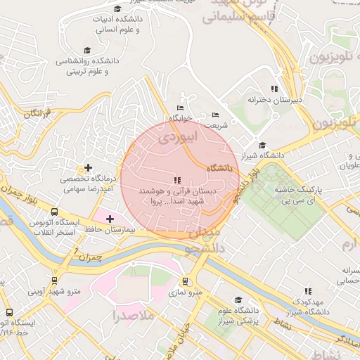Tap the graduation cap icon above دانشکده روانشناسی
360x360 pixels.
coord(87,50)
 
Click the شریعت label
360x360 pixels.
coord(216,124)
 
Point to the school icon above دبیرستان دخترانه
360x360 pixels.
coord(274,89)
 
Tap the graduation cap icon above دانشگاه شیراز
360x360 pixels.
coord(262,146)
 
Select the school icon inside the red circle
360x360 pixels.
coord(176,180)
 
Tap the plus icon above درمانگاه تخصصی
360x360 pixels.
coord(88,168)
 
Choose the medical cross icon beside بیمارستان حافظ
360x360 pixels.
coord(110,219)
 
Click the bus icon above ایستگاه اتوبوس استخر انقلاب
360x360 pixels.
coord(54,212)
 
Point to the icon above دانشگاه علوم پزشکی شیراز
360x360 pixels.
coord(239,299)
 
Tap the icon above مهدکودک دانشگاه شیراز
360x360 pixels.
coord(307,291)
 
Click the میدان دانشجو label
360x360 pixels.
coord(202,239)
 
